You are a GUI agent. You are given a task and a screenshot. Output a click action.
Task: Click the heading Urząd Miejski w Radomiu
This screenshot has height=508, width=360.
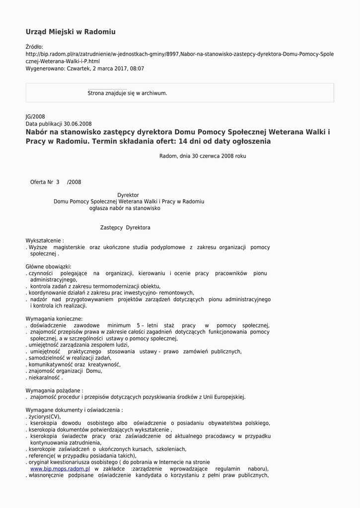[x=71, y=32]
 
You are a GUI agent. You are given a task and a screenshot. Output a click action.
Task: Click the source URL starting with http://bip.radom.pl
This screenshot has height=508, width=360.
[x=179, y=54]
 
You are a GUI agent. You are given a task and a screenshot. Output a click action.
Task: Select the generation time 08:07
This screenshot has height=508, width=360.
[x=137, y=68]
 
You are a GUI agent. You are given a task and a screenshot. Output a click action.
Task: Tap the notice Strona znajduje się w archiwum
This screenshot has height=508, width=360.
[x=127, y=93]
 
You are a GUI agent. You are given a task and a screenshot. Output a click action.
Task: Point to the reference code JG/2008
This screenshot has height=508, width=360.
[x=35, y=117]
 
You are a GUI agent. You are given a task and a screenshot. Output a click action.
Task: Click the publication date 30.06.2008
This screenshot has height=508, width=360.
[x=77, y=124]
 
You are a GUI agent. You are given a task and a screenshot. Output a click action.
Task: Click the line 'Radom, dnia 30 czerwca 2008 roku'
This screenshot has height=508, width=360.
[x=203, y=156]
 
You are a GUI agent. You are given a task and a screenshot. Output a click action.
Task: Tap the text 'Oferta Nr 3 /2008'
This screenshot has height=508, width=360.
[x=55, y=182]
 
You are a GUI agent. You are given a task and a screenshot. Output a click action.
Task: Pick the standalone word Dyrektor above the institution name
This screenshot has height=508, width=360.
[x=128, y=195]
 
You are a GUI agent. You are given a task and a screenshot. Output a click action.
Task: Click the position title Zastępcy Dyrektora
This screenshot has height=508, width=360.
[x=125, y=228]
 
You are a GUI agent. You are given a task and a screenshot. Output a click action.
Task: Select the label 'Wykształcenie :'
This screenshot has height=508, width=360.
[x=45, y=241]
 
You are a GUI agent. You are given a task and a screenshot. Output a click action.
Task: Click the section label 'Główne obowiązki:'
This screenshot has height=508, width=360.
[x=48, y=266]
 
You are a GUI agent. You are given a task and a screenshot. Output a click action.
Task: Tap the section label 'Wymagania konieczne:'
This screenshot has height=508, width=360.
[x=54, y=318]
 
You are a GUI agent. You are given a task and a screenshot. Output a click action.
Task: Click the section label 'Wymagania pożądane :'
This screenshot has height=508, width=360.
[x=55, y=390]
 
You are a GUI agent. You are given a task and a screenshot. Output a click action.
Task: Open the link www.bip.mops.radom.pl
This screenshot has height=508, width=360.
[x=60, y=469]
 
